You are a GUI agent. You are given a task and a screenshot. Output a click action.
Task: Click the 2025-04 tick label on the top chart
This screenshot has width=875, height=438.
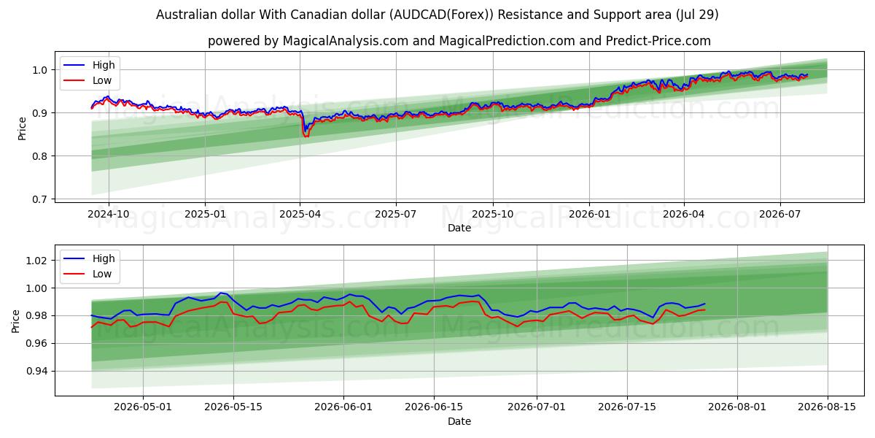pos(300,215)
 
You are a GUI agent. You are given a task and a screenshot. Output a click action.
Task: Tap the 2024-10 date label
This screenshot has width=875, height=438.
pos(108,215)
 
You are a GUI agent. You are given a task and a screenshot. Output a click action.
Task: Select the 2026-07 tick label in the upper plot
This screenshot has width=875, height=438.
pos(779,215)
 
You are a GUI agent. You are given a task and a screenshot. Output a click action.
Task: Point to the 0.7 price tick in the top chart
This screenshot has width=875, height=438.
pos(39,199)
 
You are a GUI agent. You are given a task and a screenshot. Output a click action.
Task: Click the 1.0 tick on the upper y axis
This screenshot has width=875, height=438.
pos(39,70)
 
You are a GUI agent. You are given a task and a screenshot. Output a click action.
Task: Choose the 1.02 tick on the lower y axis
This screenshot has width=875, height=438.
pos(36,261)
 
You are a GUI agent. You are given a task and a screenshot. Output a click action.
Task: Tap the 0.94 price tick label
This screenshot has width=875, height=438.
pos(36,371)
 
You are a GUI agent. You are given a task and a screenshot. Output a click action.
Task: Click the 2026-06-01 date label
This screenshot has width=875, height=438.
pos(343,407)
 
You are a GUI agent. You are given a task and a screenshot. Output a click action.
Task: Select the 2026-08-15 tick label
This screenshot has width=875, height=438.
pos(827,407)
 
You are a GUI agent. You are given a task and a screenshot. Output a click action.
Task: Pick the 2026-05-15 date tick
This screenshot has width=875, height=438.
pos(233,407)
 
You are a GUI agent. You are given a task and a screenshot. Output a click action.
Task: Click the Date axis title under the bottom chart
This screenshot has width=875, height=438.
pos(459,421)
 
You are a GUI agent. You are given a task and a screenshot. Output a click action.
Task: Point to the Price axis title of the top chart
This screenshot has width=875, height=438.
pos(22,128)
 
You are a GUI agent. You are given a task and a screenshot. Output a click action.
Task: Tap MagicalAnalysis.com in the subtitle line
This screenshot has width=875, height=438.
pos(346,41)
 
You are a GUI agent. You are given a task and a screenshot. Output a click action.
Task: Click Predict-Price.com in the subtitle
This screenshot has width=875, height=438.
pos(658,41)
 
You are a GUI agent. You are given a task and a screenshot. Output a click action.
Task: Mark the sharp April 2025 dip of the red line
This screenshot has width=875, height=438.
pos(306,136)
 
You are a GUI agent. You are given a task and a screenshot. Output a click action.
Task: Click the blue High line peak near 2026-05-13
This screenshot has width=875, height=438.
pos(221,293)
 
